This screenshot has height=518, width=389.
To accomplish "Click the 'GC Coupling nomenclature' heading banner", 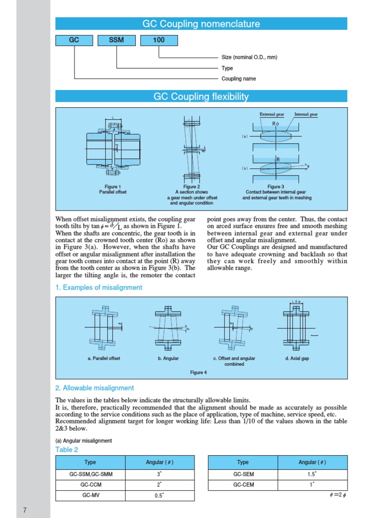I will pos(201,24).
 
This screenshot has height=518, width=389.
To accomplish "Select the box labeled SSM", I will pos(116,40).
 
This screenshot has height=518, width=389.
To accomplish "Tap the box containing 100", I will pos(159,40).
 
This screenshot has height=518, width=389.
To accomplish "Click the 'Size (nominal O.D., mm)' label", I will pos(249,57).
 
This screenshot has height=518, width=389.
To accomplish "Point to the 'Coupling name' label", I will pos(239,78).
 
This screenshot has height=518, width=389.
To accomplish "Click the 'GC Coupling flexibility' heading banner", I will pos(201,97).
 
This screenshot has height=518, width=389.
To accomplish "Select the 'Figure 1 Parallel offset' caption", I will pos(112,190).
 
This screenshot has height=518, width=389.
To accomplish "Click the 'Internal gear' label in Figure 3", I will pos(306,115).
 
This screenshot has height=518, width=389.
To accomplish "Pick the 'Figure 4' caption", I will pos(199,373).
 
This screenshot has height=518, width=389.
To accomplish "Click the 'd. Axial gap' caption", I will pos(297,359).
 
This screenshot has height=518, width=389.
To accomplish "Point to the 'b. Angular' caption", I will pos(168,359).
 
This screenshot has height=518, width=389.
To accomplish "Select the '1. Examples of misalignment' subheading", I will pos(99,287).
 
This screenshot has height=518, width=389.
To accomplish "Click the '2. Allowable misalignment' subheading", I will pos(95,388).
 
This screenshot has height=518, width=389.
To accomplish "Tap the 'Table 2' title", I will pos(67,450).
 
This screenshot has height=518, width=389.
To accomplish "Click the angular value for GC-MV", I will pos(159,496).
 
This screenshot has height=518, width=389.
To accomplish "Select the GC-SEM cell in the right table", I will pos(243,474).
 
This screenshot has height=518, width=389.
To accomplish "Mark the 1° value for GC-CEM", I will pos(313,485).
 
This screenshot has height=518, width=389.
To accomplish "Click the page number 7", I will pos(24,509).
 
